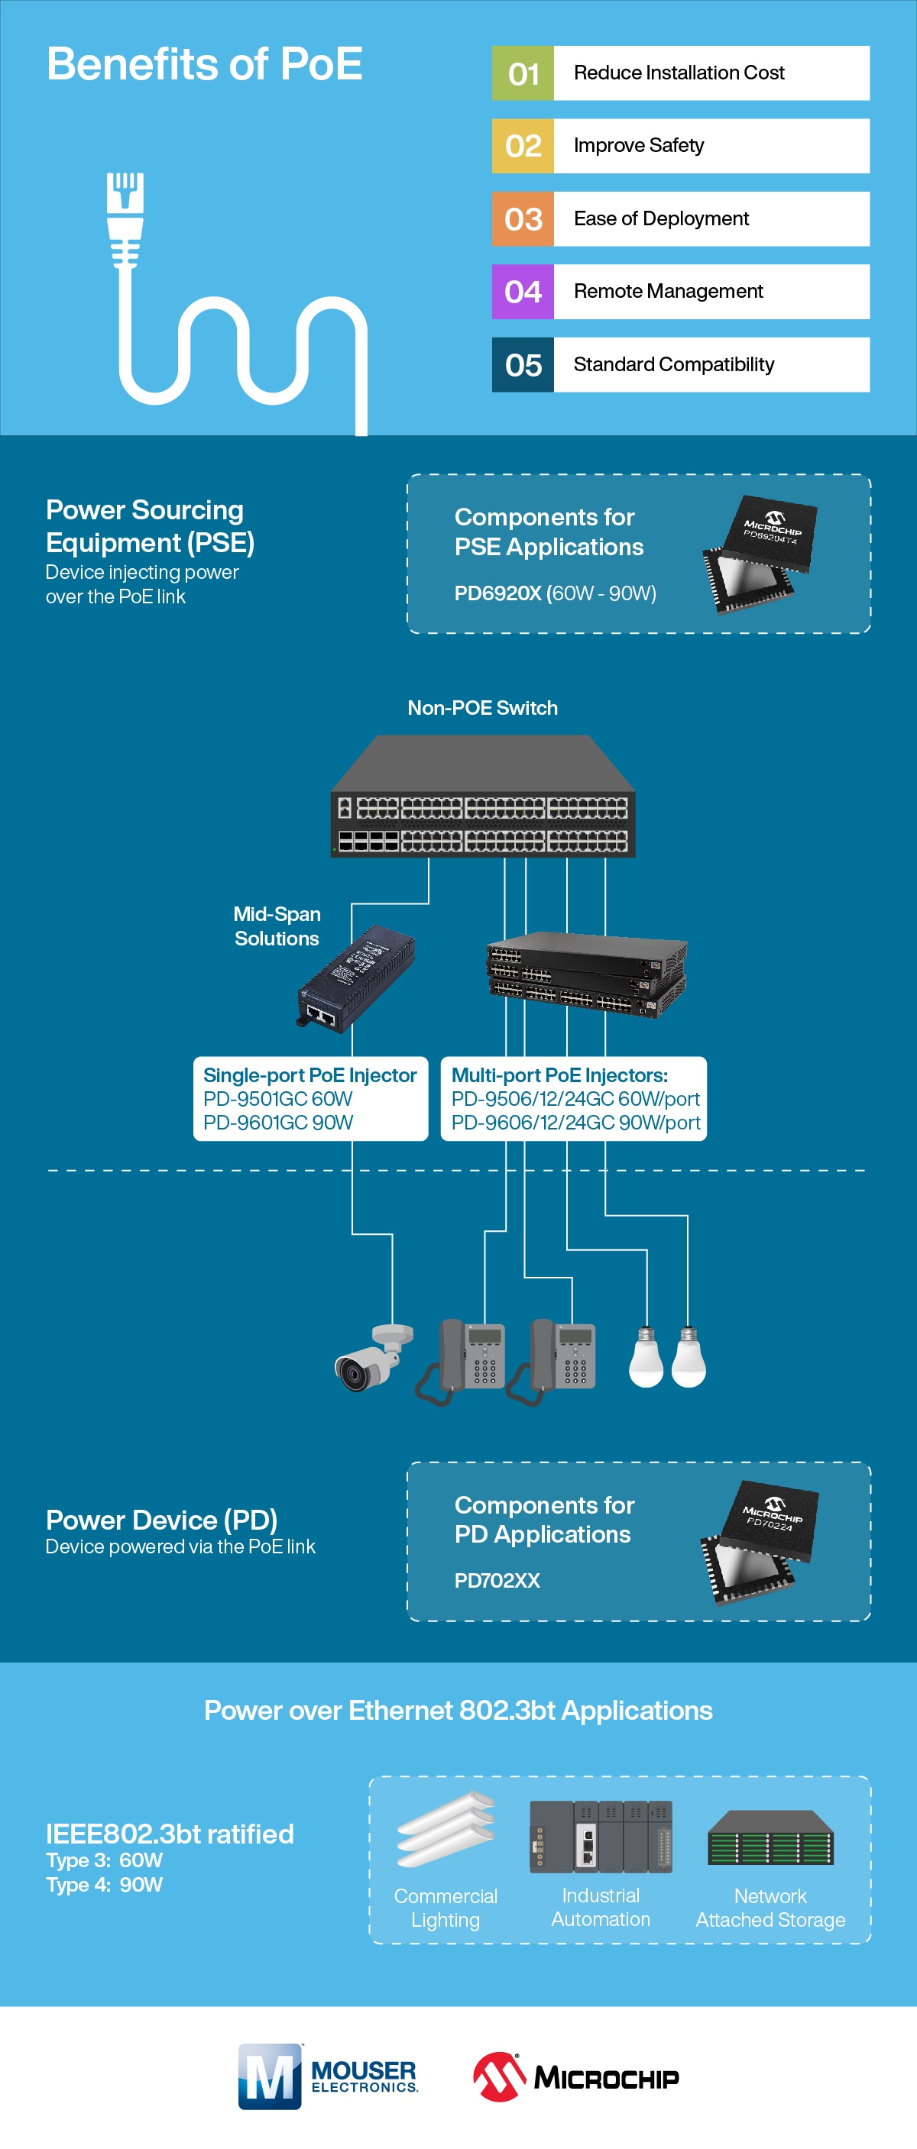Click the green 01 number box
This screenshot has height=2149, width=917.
[x=523, y=73]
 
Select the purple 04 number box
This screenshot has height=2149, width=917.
[x=523, y=292]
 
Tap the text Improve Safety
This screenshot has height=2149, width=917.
[x=638, y=146]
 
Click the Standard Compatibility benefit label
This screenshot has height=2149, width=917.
[x=673, y=364]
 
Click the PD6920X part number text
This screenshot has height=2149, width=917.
[x=497, y=593]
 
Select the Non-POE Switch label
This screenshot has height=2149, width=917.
[x=482, y=708]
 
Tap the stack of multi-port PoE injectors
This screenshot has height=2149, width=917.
[x=587, y=974]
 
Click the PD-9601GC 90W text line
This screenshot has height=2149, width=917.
[x=278, y=1123]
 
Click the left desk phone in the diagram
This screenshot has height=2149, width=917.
[x=462, y=1360]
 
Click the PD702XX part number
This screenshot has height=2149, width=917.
[x=497, y=1581]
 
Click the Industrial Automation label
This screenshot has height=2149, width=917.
[x=600, y=1907]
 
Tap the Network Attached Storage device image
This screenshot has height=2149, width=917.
[x=770, y=1838]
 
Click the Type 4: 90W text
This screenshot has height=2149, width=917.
[x=104, y=1885]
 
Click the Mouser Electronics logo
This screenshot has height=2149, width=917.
[x=327, y=2076]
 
